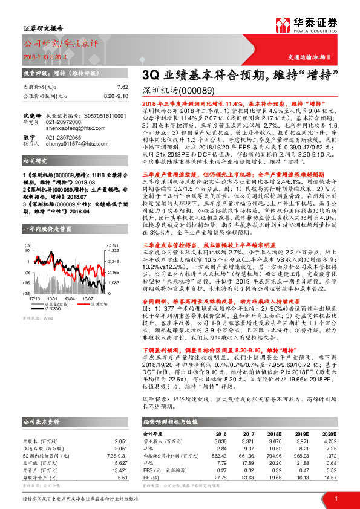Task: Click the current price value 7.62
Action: click(x=122, y=86)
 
